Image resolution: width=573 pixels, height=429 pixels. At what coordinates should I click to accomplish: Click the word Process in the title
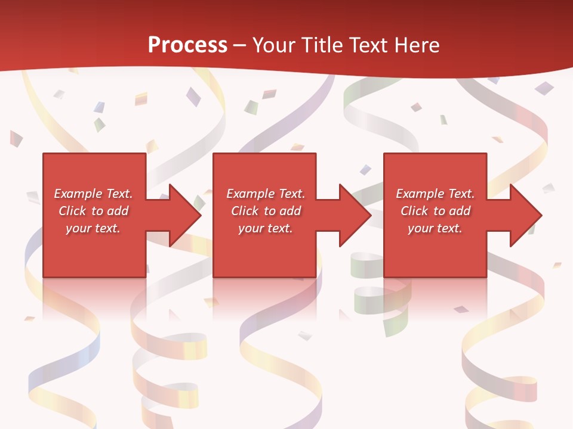pos(187,45)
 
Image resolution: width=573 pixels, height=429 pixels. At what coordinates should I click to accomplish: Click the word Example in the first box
pos(78,194)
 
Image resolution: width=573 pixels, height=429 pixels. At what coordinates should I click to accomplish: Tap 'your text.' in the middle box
pos(265,228)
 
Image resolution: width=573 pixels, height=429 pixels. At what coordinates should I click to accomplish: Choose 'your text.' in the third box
pos(435,228)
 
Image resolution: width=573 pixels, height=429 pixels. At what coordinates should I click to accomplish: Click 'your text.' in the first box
pos(93,228)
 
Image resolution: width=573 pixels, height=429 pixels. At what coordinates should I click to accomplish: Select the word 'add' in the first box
pos(118,211)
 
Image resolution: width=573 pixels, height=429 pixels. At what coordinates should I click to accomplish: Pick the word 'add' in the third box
pos(460,211)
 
